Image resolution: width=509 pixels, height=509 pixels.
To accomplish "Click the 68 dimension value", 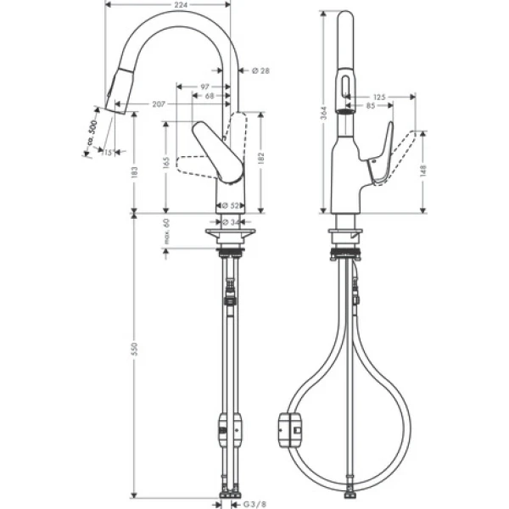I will (x=209, y=96).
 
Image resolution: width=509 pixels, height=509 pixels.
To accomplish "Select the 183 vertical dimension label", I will (x=136, y=171).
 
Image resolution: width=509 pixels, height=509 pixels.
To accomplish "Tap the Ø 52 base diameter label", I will (x=228, y=205).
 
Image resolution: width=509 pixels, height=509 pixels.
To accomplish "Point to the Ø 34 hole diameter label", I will (x=228, y=221).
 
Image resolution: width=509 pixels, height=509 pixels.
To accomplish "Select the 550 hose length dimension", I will (x=136, y=350).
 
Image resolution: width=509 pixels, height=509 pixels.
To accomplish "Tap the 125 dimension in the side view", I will (x=378, y=98).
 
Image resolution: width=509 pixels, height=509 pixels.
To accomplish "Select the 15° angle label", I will (x=107, y=153).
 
